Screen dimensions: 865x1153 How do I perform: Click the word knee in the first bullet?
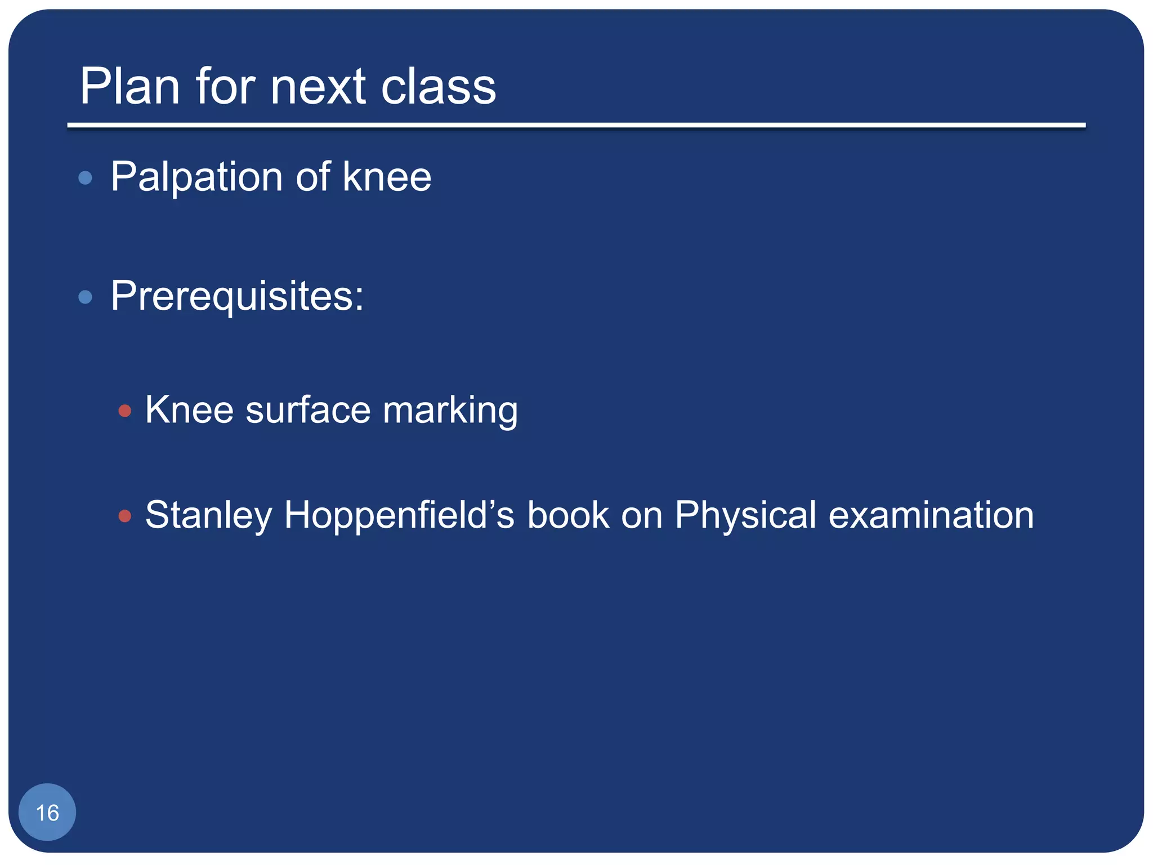click(x=387, y=177)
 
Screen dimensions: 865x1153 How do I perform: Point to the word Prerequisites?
click(x=236, y=296)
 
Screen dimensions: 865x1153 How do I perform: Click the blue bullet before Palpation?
click(x=85, y=179)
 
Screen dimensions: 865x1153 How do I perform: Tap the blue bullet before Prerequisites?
click(x=85, y=297)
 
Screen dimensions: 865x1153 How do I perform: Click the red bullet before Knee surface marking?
click(x=125, y=411)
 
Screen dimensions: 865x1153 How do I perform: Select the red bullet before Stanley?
click(x=125, y=516)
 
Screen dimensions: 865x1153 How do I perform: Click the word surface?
click(x=308, y=410)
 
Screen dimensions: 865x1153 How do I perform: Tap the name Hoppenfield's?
click(x=399, y=516)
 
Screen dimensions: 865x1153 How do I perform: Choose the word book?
click(x=567, y=515)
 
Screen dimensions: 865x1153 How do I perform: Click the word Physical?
click(x=745, y=516)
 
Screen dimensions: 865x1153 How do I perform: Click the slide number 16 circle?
click(x=47, y=812)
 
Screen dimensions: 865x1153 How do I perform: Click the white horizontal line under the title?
click(x=576, y=125)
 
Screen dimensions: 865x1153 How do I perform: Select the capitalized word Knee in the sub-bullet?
click(x=189, y=410)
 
